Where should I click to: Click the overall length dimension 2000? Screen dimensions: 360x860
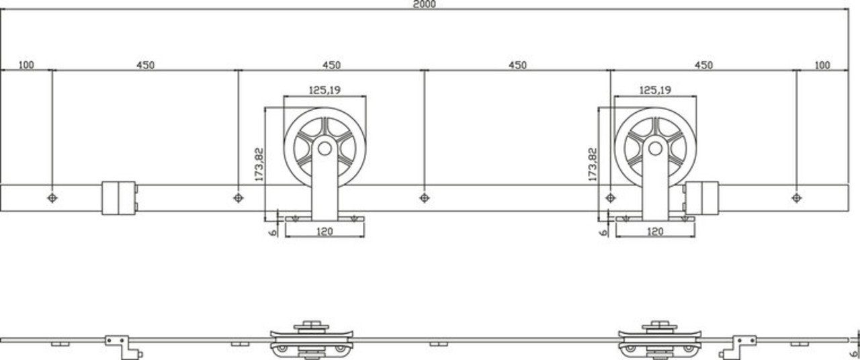pyautogui.click(x=425, y=4)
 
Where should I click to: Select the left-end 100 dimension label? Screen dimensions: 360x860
pyautogui.click(x=26, y=65)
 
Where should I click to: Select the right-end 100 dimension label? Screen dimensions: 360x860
pyautogui.click(x=822, y=65)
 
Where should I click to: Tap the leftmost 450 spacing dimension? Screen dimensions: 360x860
pyautogui.click(x=145, y=65)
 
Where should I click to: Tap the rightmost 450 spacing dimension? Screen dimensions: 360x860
pyautogui.click(x=703, y=65)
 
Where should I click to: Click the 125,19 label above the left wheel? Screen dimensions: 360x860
pyautogui.click(x=324, y=89)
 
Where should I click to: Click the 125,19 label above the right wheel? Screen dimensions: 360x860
pyautogui.click(x=654, y=89)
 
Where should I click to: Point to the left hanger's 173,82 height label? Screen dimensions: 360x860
pyautogui.click(x=260, y=165)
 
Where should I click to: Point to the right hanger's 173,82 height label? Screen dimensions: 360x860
pyautogui.click(x=592, y=165)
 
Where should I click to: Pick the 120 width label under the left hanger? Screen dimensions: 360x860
pyautogui.click(x=324, y=232)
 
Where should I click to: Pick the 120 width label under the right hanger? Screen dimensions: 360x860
pyautogui.click(x=654, y=232)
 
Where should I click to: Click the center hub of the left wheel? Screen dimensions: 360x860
pyautogui.click(x=325, y=148)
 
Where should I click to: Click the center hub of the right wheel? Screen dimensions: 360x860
pyautogui.click(x=655, y=148)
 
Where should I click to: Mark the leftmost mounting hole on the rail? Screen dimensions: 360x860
pyautogui.click(x=52, y=197)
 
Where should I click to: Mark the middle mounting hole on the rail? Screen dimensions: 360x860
pyautogui.click(x=424, y=197)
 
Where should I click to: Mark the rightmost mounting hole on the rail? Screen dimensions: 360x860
pyautogui.click(x=796, y=197)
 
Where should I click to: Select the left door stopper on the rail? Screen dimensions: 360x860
pyautogui.click(x=119, y=197)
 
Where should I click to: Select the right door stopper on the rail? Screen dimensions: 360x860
pyautogui.click(x=701, y=197)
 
